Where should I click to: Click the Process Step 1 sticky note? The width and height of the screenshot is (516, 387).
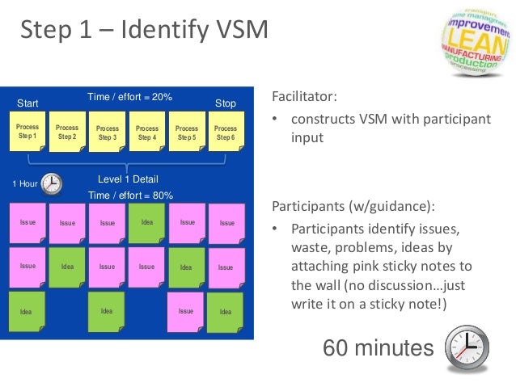click(x=27, y=133)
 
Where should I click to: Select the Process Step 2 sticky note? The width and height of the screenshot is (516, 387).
click(x=67, y=133)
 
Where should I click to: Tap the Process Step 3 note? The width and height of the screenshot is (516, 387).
click(x=107, y=133)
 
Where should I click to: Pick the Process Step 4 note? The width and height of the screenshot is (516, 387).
click(x=146, y=133)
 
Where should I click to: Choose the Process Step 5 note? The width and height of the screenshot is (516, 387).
click(x=186, y=133)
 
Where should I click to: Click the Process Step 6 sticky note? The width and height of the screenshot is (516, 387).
click(x=226, y=133)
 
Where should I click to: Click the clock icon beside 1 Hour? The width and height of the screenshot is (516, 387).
click(x=51, y=184)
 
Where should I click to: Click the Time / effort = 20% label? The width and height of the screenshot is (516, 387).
click(x=129, y=97)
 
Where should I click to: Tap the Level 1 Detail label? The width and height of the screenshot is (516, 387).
click(x=128, y=179)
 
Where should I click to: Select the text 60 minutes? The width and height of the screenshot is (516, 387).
click(x=378, y=348)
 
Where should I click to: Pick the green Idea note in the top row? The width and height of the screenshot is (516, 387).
click(x=146, y=222)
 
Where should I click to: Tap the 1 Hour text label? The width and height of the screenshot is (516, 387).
click(x=24, y=184)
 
